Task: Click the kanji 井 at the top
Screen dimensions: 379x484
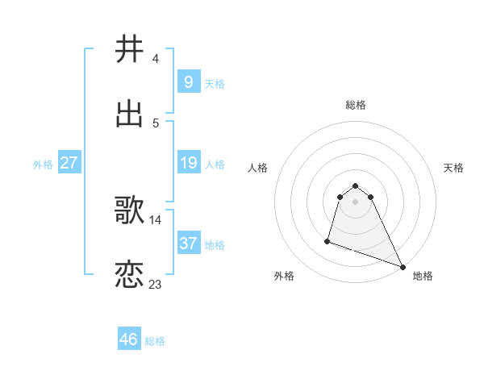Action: click(130, 49)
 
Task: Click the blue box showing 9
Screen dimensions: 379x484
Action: click(188, 82)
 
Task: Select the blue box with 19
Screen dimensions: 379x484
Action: click(188, 163)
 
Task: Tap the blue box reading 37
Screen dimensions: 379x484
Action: click(188, 244)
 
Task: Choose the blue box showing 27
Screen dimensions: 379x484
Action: click(69, 163)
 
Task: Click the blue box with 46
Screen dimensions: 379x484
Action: click(129, 339)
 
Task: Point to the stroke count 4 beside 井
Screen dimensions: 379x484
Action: click(156, 59)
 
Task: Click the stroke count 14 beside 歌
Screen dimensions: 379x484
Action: click(156, 219)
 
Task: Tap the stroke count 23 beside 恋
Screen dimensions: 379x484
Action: click(156, 285)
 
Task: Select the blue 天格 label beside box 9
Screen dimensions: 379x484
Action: click(215, 83)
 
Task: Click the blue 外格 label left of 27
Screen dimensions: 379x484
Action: click(43, 164)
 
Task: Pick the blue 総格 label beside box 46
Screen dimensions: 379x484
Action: click(155, 340)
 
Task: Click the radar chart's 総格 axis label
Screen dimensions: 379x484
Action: click(356, 105)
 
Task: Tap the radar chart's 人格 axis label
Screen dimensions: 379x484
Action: click(258, 168)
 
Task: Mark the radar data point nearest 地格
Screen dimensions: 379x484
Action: click(402, 265)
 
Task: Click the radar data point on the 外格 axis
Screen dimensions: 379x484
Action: click(328, 240)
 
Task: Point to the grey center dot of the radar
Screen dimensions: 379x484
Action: click(355, 213)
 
